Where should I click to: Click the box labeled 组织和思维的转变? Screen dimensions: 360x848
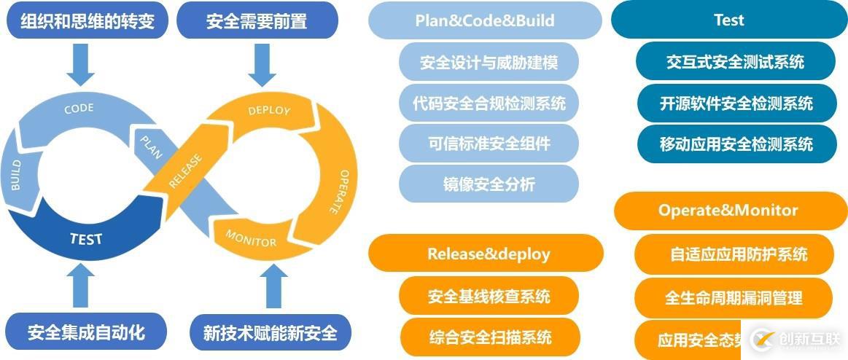coord(88,20)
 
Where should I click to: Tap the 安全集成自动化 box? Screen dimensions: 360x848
coord(86,332)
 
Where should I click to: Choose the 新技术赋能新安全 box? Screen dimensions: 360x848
coord(270,332)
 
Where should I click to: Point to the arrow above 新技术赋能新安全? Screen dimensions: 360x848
coord(273,286)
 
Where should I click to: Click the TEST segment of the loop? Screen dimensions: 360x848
coord(86,238)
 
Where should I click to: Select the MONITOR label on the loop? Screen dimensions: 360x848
coord(251,237)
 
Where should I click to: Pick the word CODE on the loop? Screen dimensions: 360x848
coord(79,109)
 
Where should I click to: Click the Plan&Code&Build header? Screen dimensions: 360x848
coord(485,20)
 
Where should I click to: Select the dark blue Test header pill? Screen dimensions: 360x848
coord(728,20)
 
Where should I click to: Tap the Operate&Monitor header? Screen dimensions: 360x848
coord(728,210)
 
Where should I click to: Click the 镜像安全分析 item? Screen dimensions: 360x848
coord(489,184)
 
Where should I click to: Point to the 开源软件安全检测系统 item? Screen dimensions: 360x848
coord(736,103)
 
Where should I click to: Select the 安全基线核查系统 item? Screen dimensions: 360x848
coord(489,296)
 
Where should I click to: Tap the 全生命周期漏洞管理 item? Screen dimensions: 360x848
coord(734,297)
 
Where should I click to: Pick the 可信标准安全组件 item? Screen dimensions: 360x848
coord(489,143)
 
